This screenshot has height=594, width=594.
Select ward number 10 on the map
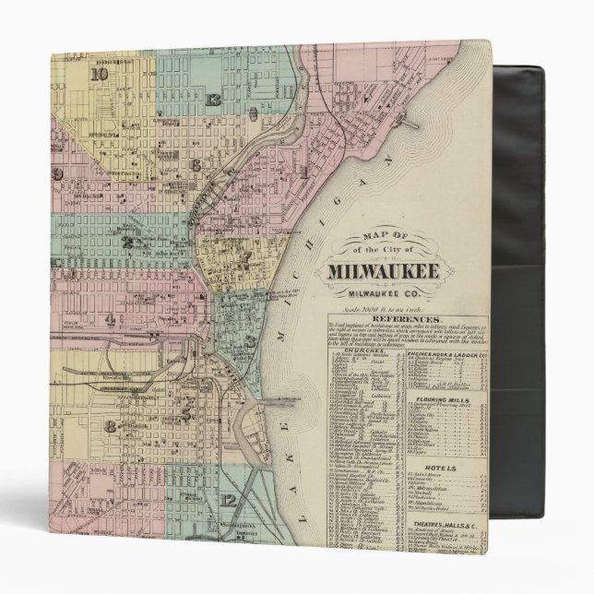(100, 74)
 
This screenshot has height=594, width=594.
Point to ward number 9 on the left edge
(57, 173)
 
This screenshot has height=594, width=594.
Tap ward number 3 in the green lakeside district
(250, 341)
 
